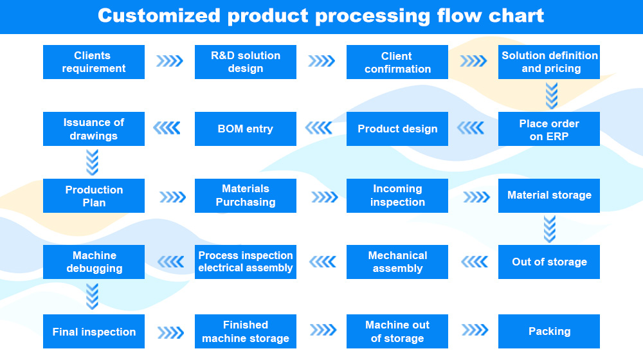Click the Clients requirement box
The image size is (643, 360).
tap(94, 62)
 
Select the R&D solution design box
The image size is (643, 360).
tap(246, 62)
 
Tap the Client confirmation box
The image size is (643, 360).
tap(397, 62)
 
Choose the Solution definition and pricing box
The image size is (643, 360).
tap(549, 62)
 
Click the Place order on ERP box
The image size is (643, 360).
tap(549, 129)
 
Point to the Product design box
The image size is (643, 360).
tap(397, 129)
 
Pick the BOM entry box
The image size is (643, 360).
tap(246, 129)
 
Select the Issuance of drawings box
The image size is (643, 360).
tap(94, 129)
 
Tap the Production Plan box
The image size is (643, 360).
tap(94, 196)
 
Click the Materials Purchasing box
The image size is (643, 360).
tap(246, 196)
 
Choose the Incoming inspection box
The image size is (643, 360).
tap(397, 196)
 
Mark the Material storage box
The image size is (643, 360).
tap(549, 196)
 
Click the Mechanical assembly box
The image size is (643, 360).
tap(397, 262)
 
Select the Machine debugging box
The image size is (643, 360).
tap(94, 262)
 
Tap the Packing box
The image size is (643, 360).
tap(549, 332)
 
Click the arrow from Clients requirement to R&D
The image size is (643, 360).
tap(170, 62)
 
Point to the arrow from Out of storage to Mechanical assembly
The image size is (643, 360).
tap(474, 262)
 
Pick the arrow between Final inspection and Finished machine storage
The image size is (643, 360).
tap(170, 332)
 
